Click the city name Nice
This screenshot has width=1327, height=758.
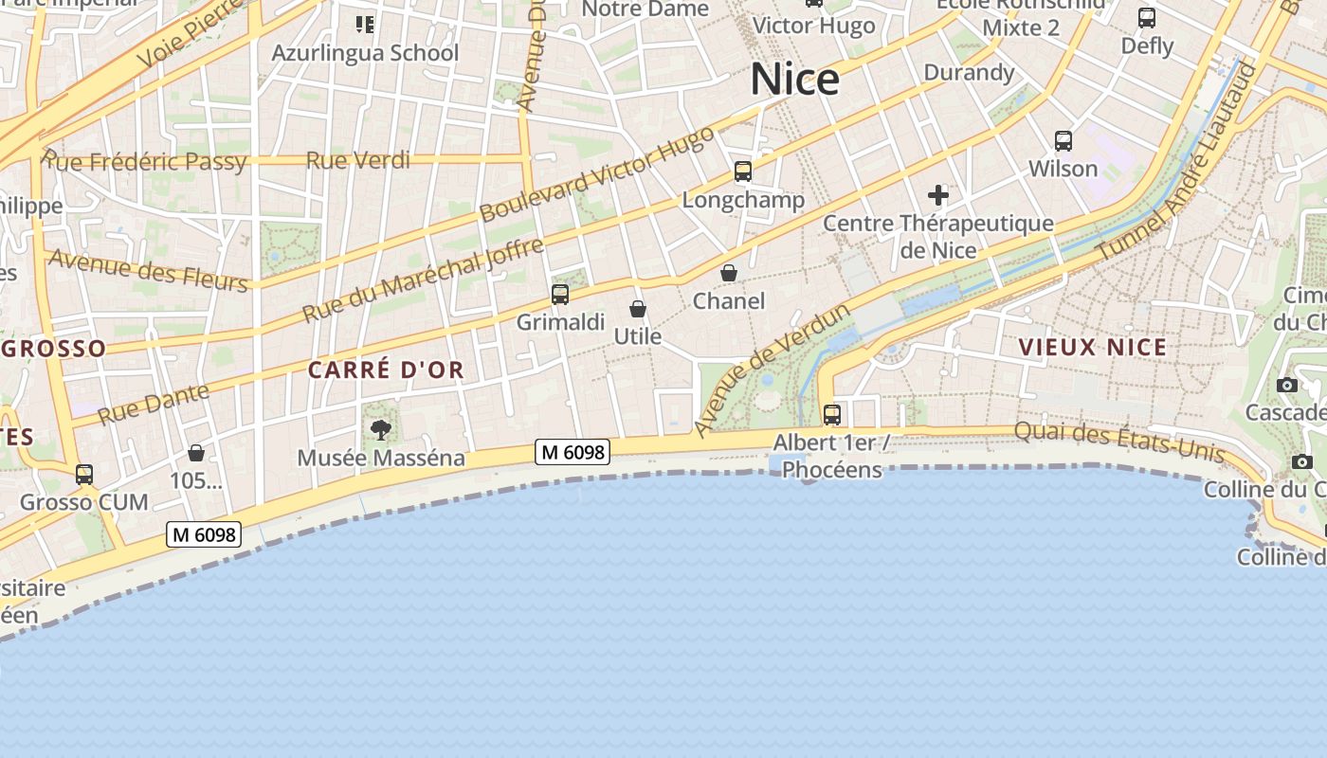click(794, 80)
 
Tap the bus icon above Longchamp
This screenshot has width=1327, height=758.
click(743, 171)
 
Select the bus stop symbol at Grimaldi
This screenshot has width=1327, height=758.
click(560, 294)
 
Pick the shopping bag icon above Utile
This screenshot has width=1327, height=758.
click(638, 309)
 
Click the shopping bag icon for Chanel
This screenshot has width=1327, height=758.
click(729, 273)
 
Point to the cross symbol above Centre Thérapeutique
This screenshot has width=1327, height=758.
click(938, 196)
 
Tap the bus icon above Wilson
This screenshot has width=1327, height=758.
click(1063, 141)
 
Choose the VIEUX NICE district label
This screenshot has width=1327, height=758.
click(1093, 347)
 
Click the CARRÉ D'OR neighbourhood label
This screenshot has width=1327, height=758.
click(387, 370)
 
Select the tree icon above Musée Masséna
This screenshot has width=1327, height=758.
click(381, 430)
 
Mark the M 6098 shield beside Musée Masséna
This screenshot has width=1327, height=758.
click(573, 452)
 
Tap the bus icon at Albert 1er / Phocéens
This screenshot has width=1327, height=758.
click(832, 414)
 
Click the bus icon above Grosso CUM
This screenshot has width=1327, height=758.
click(84, 474)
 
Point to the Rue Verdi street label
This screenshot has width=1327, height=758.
click(358, 160)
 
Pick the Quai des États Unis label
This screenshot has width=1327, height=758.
click(1118, 443)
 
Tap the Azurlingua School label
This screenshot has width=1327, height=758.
click(365, 53)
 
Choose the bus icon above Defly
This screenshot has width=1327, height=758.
click(1147, 17)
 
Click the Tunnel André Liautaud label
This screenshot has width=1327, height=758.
click(1175, 163)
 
